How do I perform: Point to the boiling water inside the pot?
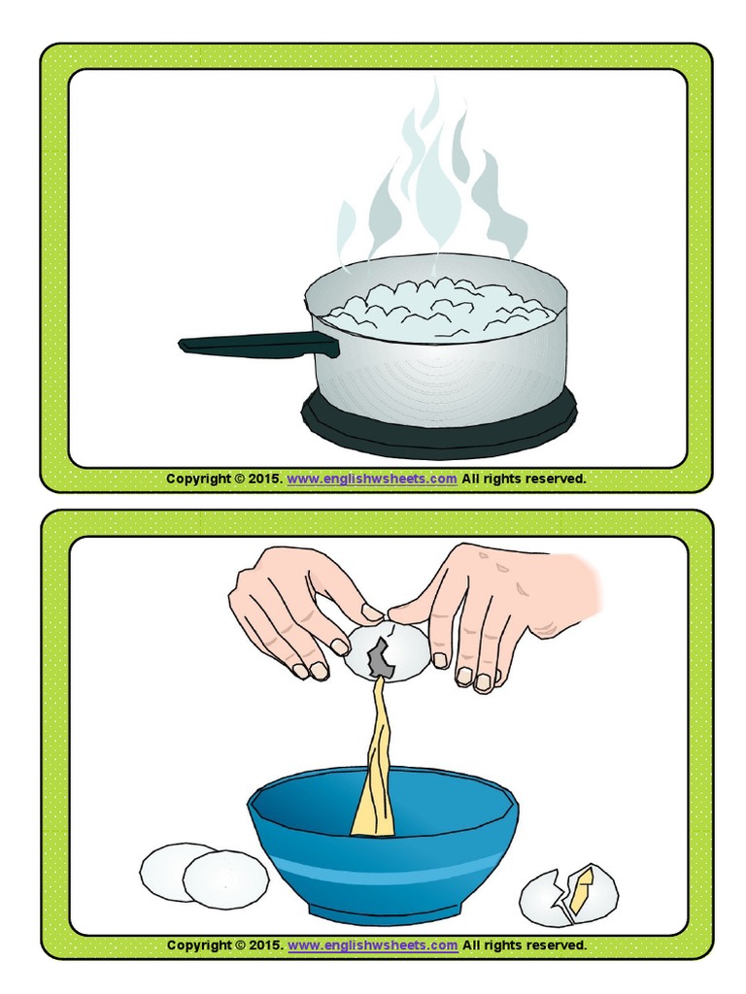coord(437,306)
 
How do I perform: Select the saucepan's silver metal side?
coord(437,379)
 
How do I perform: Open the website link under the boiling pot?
coord(372,479)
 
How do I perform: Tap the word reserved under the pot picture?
coord(555,479)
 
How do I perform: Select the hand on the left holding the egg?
coord(291,607)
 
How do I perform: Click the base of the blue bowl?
coord(384,912)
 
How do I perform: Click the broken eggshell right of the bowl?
coord(568,894)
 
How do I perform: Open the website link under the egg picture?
coord(372,944)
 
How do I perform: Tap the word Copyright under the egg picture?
coord(199,944)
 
